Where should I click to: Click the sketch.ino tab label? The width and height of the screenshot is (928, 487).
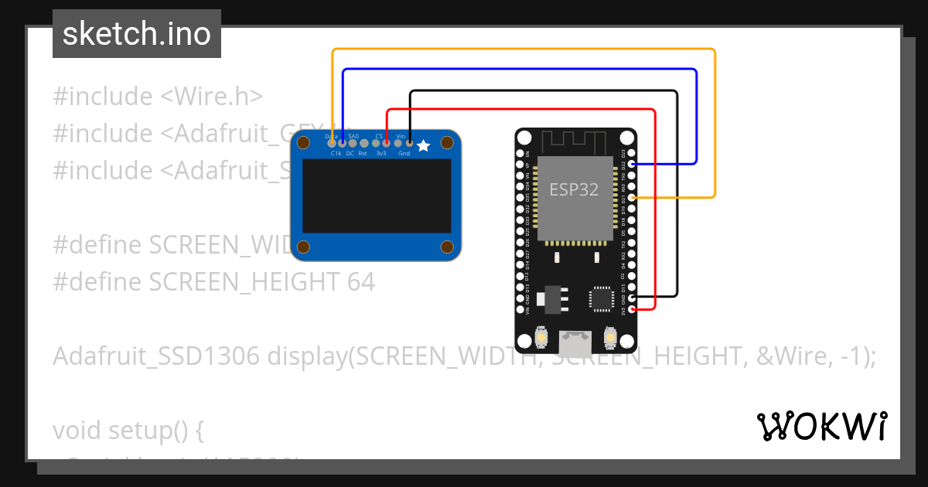coord(136,34)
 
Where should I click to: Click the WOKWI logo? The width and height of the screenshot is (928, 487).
coord(821,427)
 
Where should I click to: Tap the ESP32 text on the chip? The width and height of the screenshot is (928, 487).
coord(574,189)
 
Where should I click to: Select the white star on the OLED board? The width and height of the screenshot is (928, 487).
coord(423,145)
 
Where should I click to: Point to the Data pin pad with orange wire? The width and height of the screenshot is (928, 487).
coord(332,142)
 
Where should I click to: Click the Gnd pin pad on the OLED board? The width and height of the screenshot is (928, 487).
coord(409,142)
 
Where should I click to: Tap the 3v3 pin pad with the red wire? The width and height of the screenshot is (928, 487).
coord(387,142)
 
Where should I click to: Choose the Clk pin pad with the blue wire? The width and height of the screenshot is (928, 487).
coord(343,142)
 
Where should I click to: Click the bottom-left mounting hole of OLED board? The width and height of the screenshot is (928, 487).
coord(304,247)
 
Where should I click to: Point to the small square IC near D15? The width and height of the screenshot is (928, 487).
coord(602,299)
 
